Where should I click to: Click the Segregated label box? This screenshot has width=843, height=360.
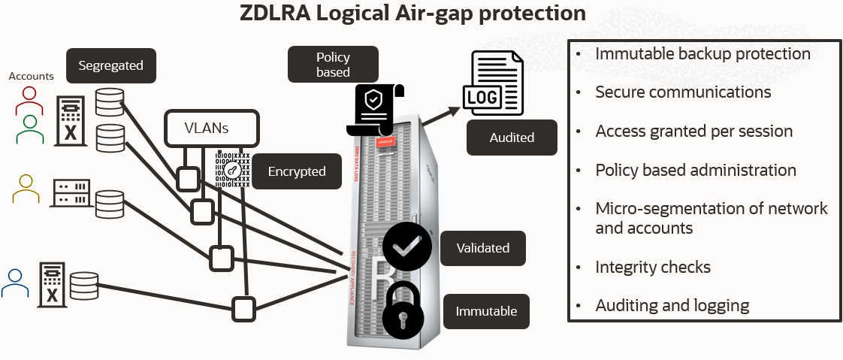110,65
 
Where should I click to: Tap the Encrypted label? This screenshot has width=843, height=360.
297,171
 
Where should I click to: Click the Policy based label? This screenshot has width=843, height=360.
333,65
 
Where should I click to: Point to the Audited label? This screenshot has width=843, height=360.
512,138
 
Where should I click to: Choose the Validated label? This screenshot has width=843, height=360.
485,248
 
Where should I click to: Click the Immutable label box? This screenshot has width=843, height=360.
486,310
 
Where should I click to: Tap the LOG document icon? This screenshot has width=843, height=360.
491,85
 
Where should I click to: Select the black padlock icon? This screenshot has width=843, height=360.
406,310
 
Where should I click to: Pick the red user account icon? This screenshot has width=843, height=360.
29,100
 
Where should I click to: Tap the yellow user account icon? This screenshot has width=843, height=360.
25,189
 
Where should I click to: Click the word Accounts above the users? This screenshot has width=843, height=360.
31,76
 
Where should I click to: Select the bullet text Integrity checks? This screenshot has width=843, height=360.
652,267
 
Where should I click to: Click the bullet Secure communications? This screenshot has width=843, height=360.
683,92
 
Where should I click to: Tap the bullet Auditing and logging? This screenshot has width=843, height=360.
672,305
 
